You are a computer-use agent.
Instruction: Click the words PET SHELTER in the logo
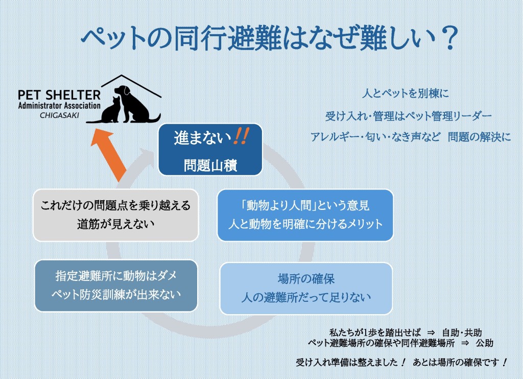pos(59,95)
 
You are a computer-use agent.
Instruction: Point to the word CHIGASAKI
pos(59,115)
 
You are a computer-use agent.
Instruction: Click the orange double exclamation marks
pos(241,136)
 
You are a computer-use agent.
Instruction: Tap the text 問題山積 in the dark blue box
pos(210,165)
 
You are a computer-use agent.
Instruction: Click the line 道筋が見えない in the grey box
pos(116,224)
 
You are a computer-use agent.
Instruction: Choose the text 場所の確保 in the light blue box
pos(306,278)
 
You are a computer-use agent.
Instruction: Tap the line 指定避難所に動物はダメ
pos(116,276)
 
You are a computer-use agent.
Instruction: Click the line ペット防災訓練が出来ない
pos(116,294)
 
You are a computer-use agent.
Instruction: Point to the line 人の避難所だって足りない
pos(306,297)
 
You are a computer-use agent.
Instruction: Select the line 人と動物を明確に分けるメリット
pos(305,224)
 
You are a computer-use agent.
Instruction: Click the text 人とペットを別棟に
pos(405,93)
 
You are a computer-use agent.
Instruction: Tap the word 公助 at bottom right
pos(484,343)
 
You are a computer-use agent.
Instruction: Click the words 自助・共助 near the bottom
pos(462,333)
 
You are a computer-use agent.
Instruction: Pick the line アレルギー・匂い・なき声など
pos(375,136)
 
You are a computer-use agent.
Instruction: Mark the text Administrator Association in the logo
pos(59,106)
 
